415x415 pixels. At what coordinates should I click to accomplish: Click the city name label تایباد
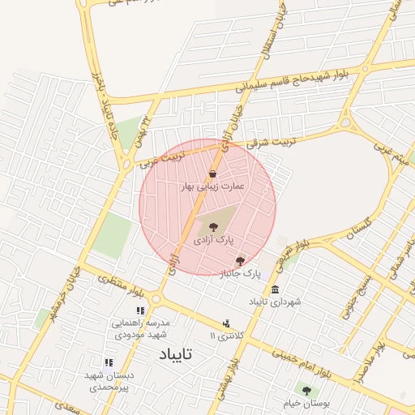pos(176,355)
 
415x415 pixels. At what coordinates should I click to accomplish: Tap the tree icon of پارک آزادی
pos(213,228)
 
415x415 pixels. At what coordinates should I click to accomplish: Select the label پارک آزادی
pos(213,241)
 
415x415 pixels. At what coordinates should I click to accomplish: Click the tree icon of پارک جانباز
pos(240,261)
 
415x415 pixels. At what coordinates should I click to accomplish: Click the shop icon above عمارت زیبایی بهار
pos(212,173)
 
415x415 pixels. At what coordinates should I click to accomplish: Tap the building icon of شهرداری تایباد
pos(276,289)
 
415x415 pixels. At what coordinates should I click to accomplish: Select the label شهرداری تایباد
pos(275,302)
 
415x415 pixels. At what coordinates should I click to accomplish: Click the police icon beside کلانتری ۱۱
pos(226,324)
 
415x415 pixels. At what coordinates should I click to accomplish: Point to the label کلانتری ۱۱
pos(225,336)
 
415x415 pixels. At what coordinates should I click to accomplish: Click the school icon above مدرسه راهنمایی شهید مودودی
pos(140,310)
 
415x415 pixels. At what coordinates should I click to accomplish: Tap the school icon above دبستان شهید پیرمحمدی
pos(108,362)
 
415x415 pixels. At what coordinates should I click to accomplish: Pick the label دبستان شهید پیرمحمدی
pos(108,381)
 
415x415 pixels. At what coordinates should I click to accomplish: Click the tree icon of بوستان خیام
pos(306,391)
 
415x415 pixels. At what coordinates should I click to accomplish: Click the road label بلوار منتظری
pos(123,285)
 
